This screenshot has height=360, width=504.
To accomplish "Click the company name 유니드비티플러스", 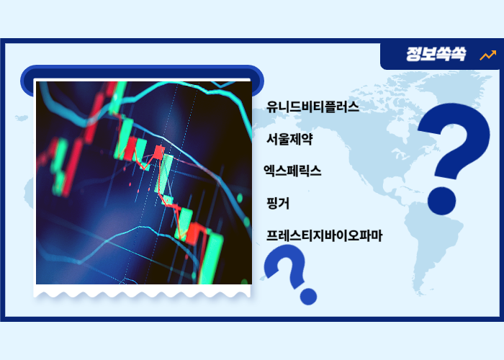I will [x=312, y=107].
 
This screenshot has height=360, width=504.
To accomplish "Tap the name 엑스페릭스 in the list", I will [x=292, y=171].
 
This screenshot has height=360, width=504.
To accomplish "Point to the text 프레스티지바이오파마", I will [x=324, y=235].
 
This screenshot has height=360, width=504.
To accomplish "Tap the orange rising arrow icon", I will [x=487, y=55].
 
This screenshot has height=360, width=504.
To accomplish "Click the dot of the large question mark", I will [x=441, y=198].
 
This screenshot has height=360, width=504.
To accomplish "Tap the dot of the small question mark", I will [x=309, y=295].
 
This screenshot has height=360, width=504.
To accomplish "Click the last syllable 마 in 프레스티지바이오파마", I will [x=376, y=235].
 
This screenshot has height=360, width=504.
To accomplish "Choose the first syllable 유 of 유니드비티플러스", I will [x=272, y=107].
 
